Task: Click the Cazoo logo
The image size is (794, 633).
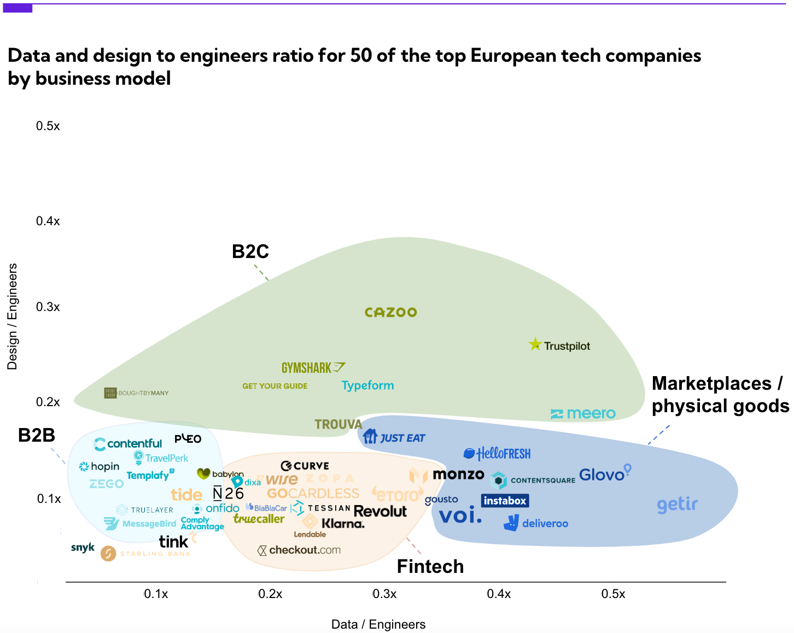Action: tap(390, 312)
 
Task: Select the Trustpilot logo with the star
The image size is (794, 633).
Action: tap(559, 345)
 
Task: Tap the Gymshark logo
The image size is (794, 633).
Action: tap(313, 368)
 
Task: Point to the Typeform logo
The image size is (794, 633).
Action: tap(367, 385)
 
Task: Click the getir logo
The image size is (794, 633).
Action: tap(678, 505)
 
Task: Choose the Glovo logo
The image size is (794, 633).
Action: tap(605, 474)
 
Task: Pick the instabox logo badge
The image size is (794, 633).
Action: tap(505, 501)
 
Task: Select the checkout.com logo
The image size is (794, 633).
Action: tap(299, 550)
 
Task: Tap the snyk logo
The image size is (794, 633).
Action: tap(83, 547)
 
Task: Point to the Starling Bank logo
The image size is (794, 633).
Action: tap(146, 554)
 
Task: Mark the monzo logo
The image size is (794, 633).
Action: tap(458, 474)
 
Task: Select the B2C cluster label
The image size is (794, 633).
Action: tap(250, 251)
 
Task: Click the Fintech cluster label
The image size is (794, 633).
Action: tap(430, 566)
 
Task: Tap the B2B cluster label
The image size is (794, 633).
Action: tap(37, 435)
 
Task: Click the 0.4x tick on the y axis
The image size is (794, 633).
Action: tap(48, 221)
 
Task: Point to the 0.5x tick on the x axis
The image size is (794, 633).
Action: tap(613, 594)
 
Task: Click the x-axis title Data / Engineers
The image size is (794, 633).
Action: tap(378, 624)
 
